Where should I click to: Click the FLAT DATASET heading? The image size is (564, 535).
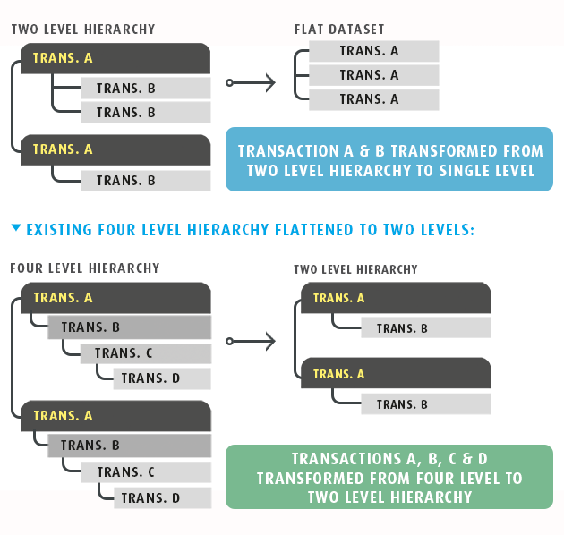pos(339,30)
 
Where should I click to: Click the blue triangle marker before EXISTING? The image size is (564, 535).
pos(16,227)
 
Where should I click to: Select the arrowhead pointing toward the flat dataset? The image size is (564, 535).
pos(270,82)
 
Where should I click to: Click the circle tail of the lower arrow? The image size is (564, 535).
pos(229,341)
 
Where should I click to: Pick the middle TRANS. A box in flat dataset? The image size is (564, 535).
pos(374,75)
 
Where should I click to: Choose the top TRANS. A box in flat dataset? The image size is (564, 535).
pos(374,51)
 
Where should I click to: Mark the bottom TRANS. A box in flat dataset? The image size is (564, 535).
pos(374,99)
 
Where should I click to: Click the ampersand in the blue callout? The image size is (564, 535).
pos(364,151)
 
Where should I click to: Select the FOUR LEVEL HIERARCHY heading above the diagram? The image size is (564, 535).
pos(85,268)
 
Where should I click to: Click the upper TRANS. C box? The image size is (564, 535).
pos(146,353)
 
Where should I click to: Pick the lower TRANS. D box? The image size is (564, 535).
pos(163,498)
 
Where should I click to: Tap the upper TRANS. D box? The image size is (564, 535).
pos(162,378)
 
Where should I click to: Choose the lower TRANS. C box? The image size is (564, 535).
pos(146,472)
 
